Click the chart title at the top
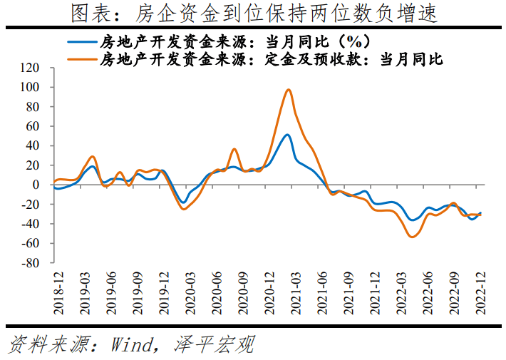[253, 14]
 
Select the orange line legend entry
[271, 59]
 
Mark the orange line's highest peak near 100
[289, 90]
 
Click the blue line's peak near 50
[287, 135]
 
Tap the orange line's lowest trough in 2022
[413, 237]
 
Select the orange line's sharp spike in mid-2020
[234, 149]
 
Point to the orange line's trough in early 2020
[183, 209]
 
